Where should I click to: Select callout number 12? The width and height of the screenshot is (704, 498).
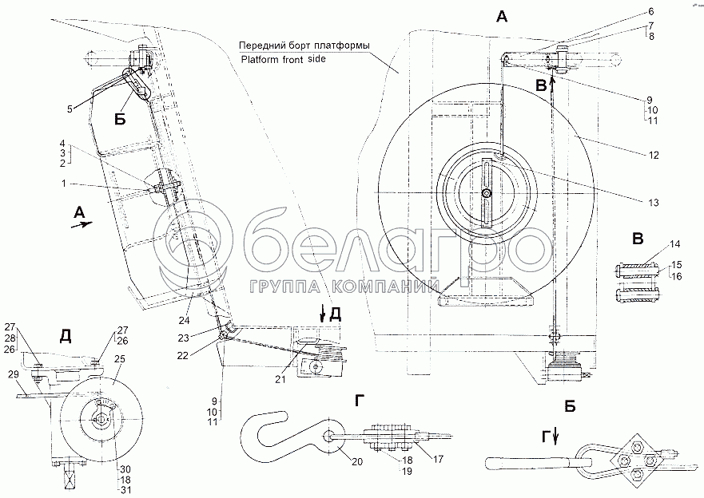point(654,154)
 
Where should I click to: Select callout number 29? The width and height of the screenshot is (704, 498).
point(13,373)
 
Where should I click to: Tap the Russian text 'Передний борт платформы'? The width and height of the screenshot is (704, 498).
point(304,45)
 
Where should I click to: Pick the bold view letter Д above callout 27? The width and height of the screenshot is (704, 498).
point(65,336)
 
